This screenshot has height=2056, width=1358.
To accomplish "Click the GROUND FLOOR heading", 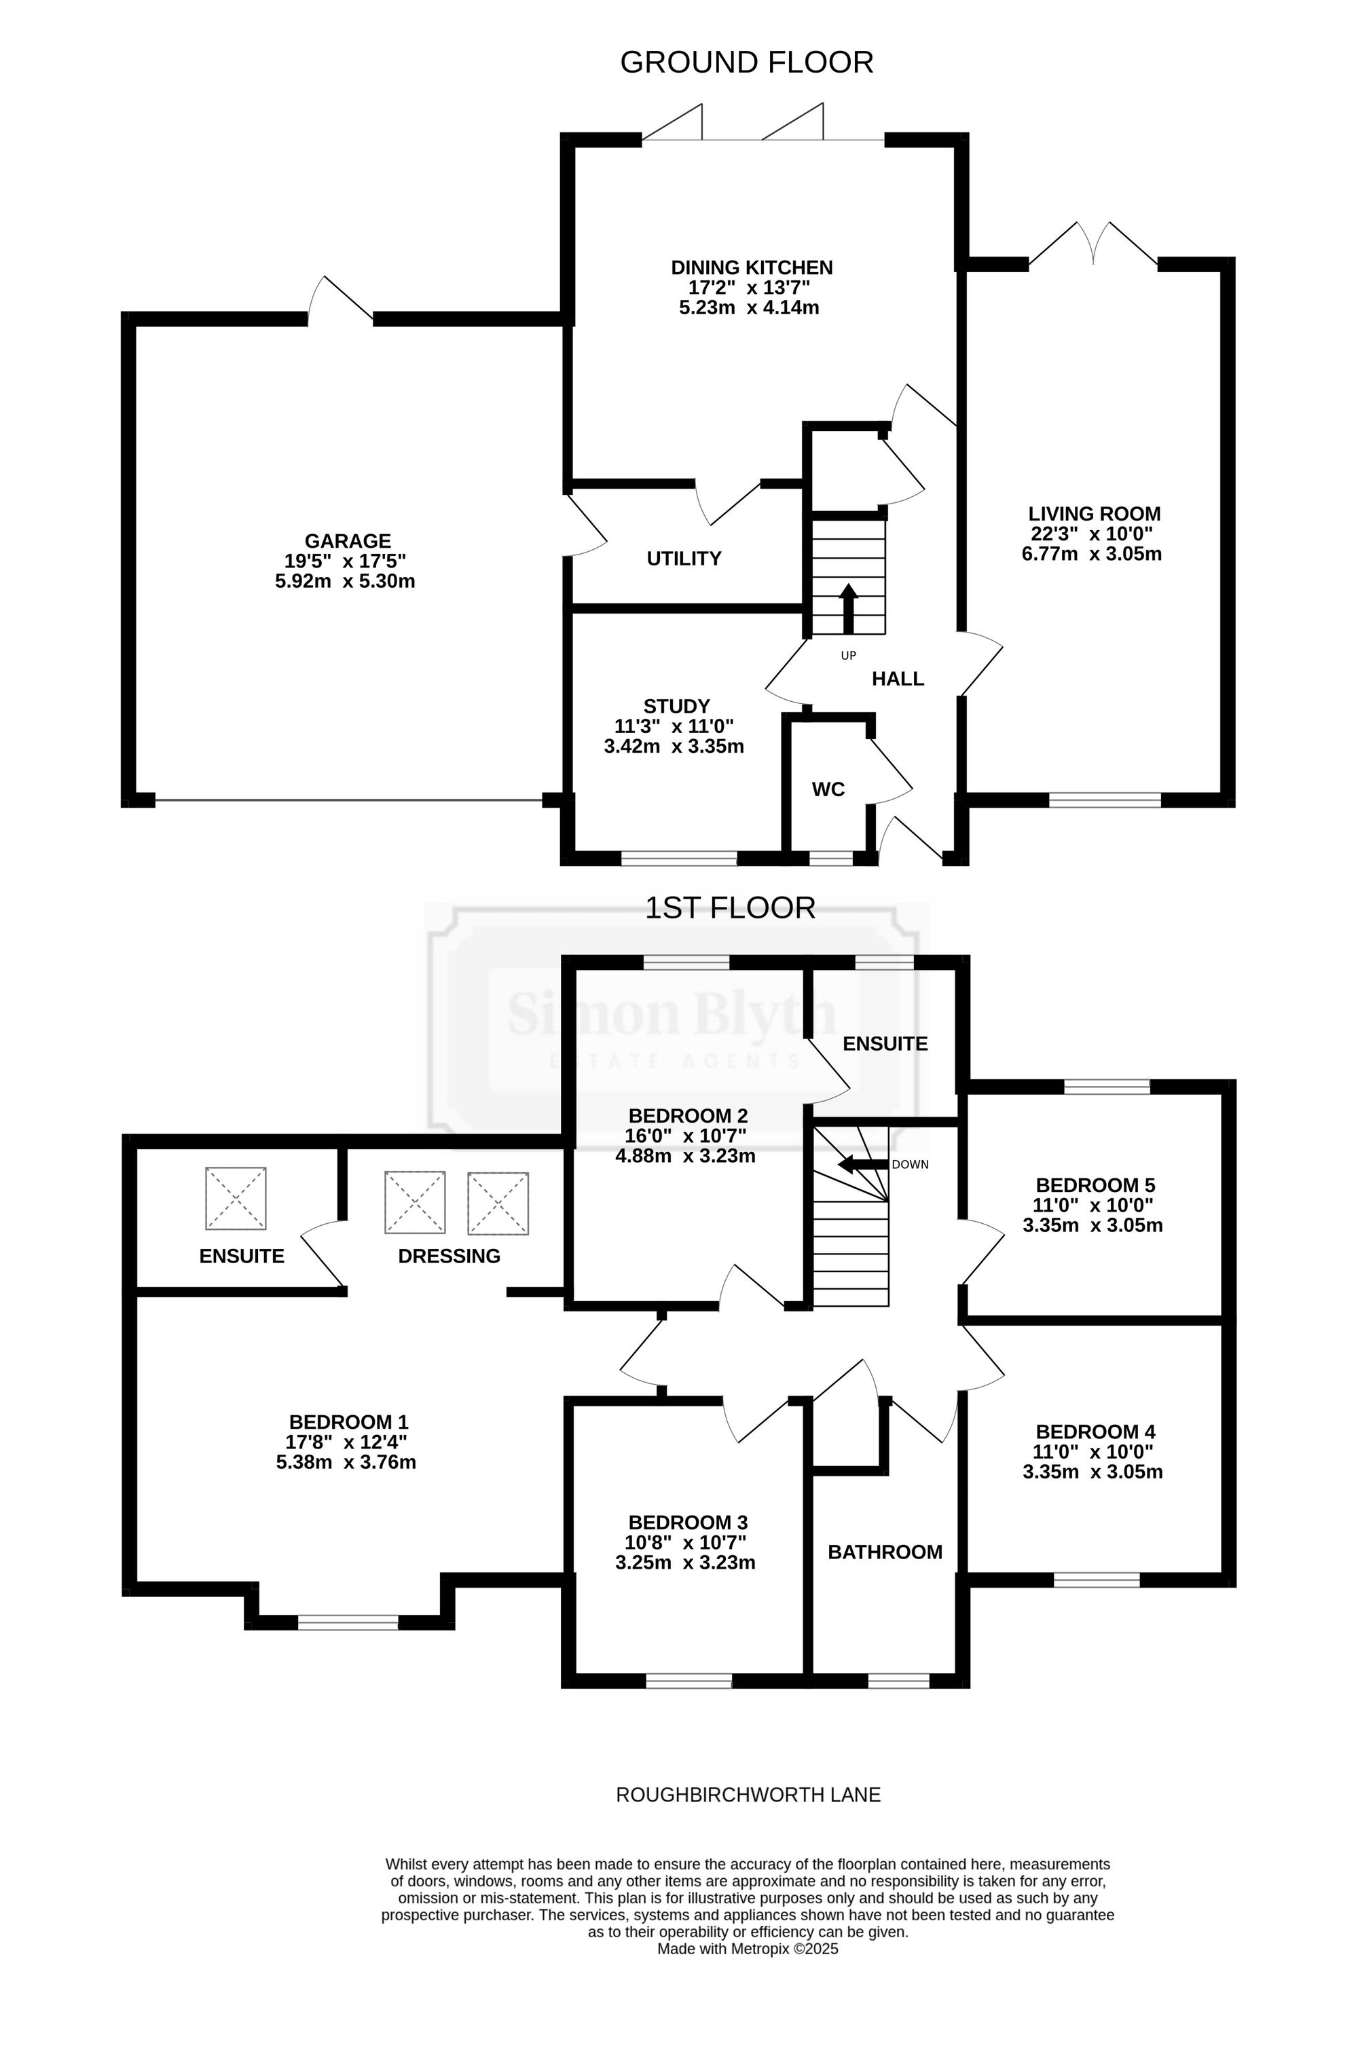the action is [746, 62].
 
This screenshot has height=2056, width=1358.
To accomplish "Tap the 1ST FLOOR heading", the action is [730, 908].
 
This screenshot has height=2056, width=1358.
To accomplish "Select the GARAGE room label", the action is [347, 541].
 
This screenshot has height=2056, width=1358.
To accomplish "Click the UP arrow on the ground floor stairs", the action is [849, 610].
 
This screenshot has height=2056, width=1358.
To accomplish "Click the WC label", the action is [828, 789].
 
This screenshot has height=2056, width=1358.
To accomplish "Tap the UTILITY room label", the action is [684, 559].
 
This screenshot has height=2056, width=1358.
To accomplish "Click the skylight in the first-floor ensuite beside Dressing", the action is [236, 1198].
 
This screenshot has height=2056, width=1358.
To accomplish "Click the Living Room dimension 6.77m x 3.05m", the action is [1092, 554].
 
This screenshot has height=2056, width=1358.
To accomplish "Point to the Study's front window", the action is [679, 858].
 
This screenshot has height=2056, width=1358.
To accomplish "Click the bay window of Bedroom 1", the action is [348, 1622].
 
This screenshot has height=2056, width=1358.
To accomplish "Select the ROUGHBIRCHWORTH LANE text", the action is [748, 1795].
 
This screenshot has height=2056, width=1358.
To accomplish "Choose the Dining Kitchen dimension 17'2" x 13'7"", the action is [749, 287].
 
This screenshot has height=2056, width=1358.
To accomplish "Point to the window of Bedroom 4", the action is [1097, 1580].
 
